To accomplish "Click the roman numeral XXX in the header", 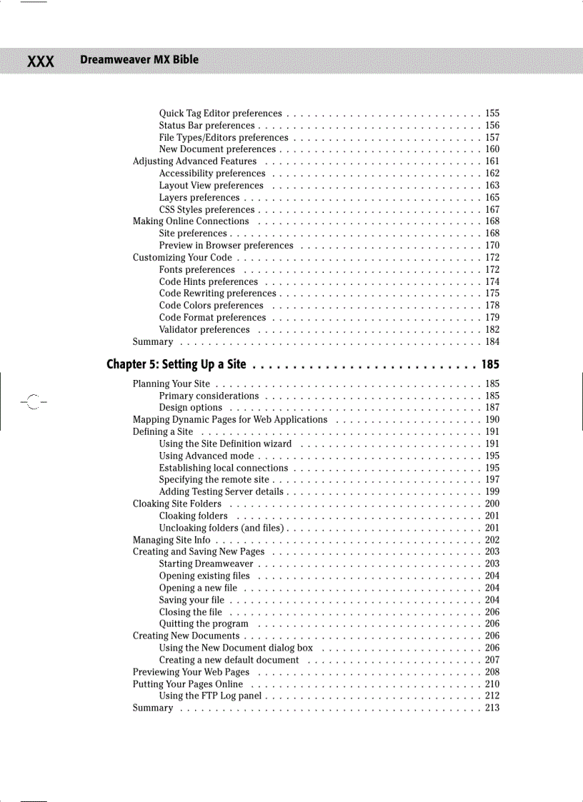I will point(41,61).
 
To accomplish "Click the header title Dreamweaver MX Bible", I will point(139,60).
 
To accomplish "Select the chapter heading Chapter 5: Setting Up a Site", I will point(176,365).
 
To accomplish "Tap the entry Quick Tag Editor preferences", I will point(220,114).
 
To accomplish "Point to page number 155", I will point(492,114).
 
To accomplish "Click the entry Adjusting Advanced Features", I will point(194,161).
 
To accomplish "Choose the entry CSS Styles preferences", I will point(206,210).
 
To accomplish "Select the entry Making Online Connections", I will point(191,221).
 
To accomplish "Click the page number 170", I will point(492,246).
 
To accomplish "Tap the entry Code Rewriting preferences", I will point(217,294).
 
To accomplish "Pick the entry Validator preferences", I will point(204,330).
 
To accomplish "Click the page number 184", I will point(492,342).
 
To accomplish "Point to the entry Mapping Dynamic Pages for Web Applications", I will point(230,420).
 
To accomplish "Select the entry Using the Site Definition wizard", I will point(225,443).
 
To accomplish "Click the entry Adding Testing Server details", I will point(221,492).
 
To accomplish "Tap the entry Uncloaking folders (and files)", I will point(223,528).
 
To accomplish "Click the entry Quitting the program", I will point(204,624).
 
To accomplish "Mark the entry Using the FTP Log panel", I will point(210,696).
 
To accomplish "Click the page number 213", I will point(492,708).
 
